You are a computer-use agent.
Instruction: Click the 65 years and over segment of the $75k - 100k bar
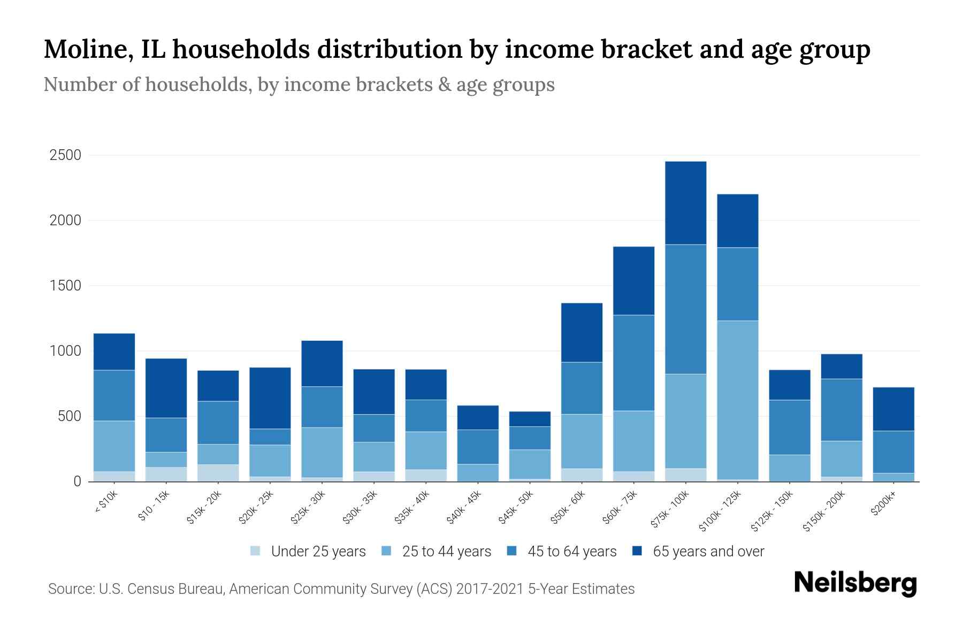point(685,203)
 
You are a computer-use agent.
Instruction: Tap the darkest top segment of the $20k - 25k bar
point(270,398)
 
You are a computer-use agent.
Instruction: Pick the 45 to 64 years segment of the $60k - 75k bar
point(633,363)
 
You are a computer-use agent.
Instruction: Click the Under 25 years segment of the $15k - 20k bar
point(218,473)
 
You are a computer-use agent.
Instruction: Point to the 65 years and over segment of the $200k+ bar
point(893,409)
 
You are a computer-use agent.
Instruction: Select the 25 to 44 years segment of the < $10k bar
point(114,446)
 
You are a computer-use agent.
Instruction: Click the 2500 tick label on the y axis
point(65,156)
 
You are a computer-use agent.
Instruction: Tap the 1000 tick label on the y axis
point(65,351)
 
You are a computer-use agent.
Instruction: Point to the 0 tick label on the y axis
point(77,481)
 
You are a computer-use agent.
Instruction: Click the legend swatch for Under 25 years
point(255,551)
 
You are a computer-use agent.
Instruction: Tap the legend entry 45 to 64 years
point(572,552)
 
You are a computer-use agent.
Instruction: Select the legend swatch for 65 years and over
point(637,551)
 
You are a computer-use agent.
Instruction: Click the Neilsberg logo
point(855,584)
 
